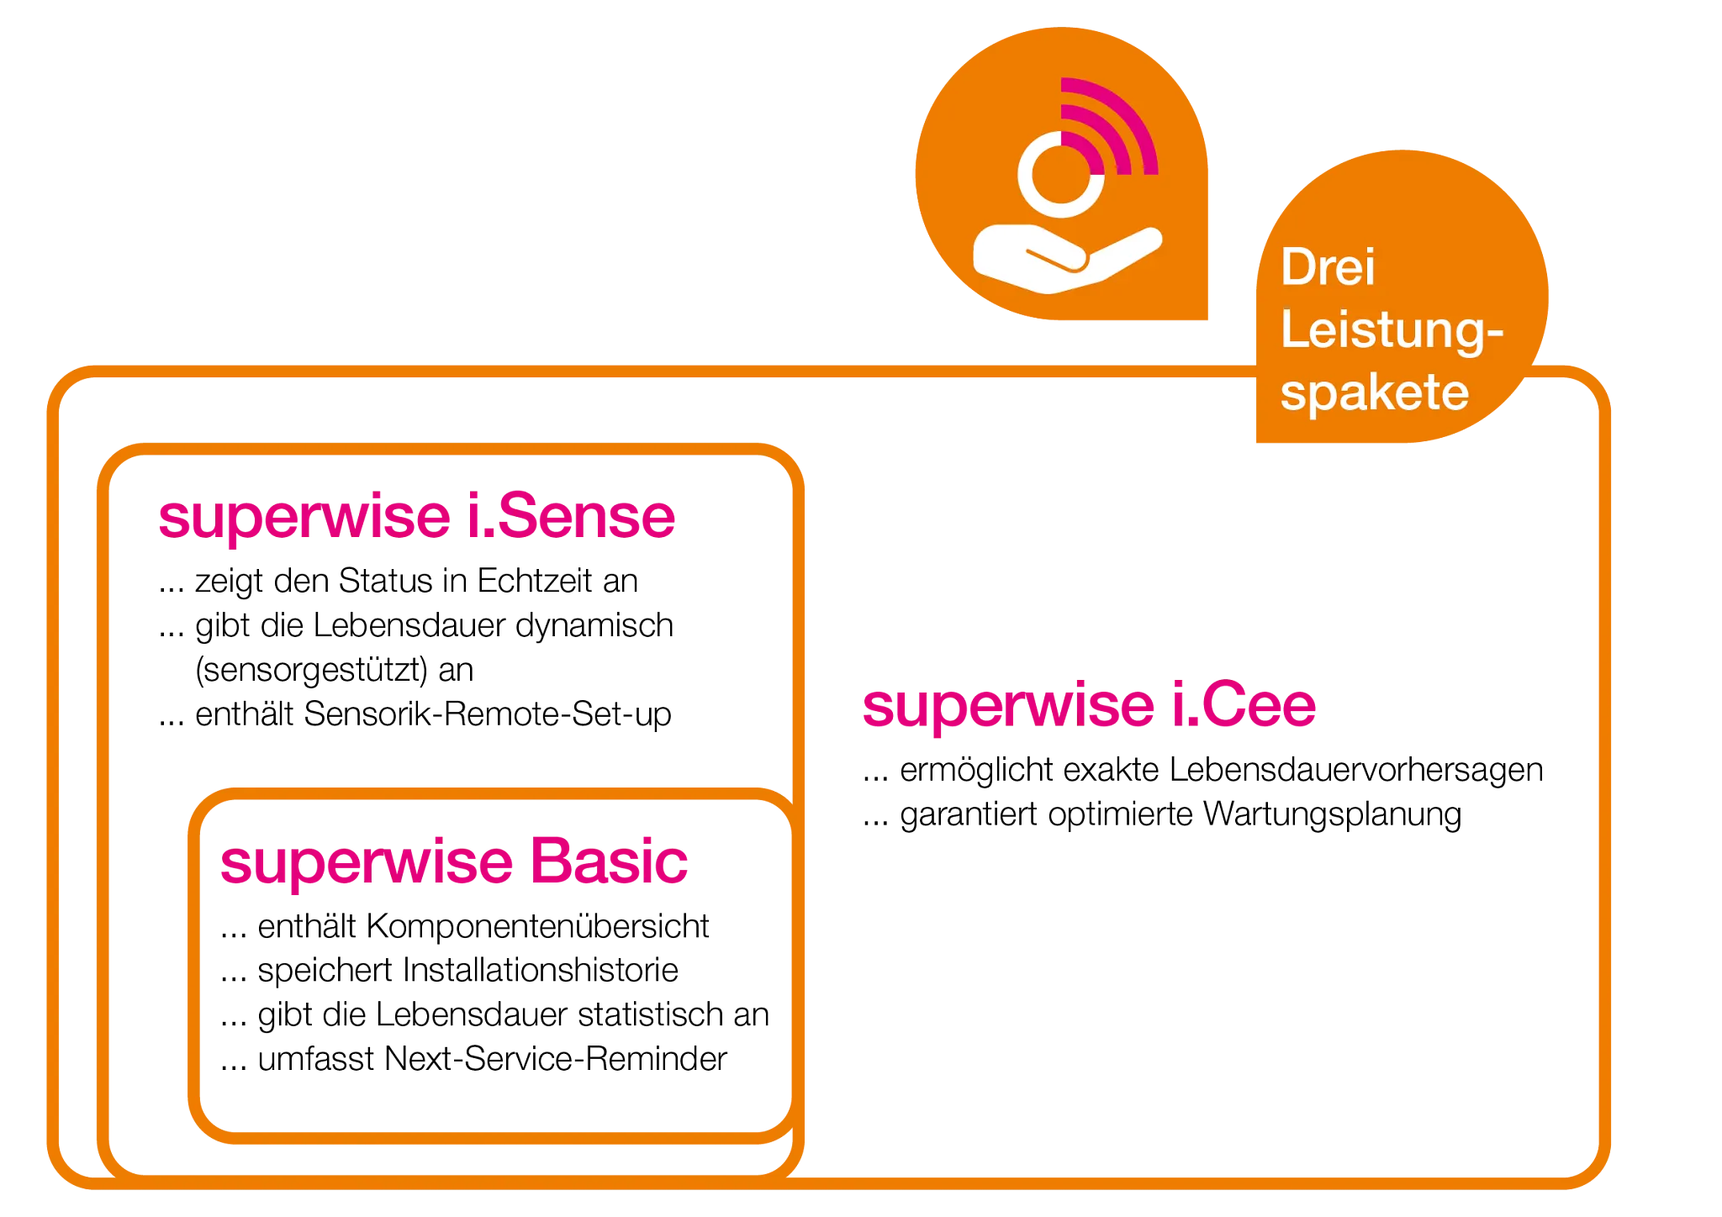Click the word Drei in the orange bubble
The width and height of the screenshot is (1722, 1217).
point(1328,268)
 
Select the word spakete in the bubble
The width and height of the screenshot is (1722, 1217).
point(1374,392)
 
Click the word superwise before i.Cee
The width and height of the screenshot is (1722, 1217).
point(1007,706)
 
